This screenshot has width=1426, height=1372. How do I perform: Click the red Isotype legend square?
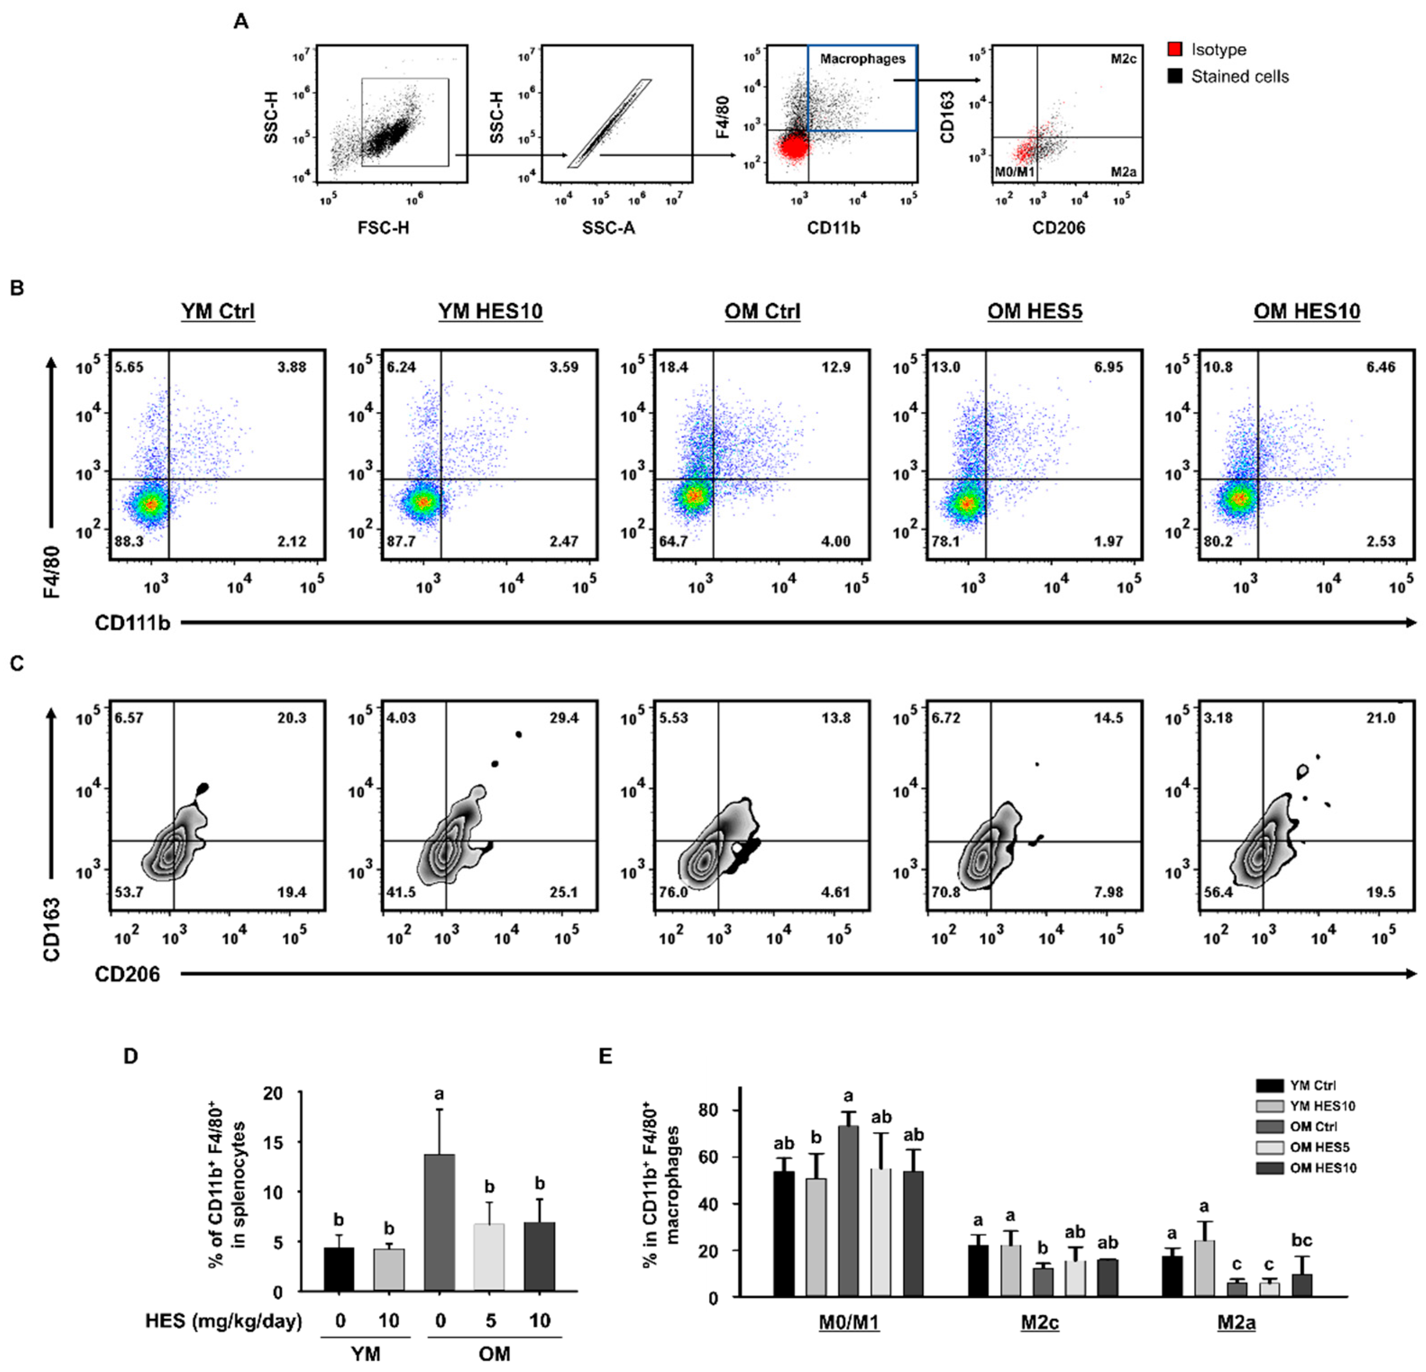pos(1174,50)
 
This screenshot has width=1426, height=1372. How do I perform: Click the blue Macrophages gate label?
pos(862,59)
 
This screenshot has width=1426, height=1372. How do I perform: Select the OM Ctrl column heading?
pos(762,311)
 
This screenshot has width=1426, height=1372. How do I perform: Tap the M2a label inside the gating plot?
pos(1123,173)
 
